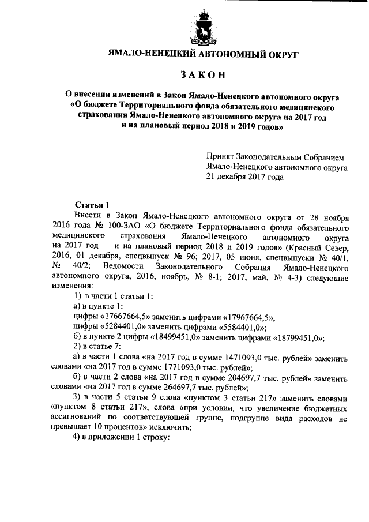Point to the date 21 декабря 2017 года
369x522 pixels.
tap(245, 177)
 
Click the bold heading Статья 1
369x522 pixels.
tap(92, 205)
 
